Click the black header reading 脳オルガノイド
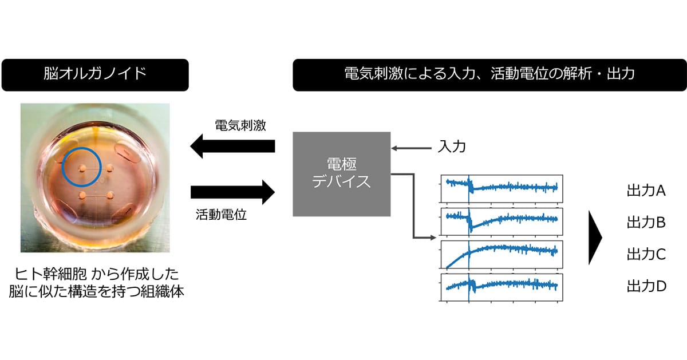pyautogui.click(x=95, y=75)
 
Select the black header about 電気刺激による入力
pyautogui.click(x=489, y=75)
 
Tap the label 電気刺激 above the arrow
pyautogui.click(x=240, y=125)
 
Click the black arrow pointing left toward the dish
pyautogui.click(x=232, y=146)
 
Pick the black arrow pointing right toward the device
pyautogui.click(x=232, y=192)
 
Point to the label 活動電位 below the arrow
pyautogui.click(x=221, y=215)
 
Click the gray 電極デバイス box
pyautogui.click(x=342, y=174)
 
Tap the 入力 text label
pyautogui.click(x=452, y=147)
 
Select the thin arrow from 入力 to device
pyautogui.click(x=411, y=148)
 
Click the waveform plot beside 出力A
pyautogui.click(x=502, y=189)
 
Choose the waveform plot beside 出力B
pyautogui.click(x=502, y=221)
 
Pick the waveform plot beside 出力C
pyautogui.click(x=502, y=255)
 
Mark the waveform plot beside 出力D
pyautogui.click(x=502, y=287)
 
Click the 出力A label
pyautogui.click(x=646, y=191)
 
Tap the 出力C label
pyautogui.click(x=646, y=254)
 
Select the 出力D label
pyautogui.click(x=646, y=286)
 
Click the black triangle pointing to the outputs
pyautogui.click(x=595, y=238)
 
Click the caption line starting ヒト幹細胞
pyautogui.click(x=96, y=274)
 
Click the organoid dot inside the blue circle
pyautogui.click(x=82, y=168)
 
